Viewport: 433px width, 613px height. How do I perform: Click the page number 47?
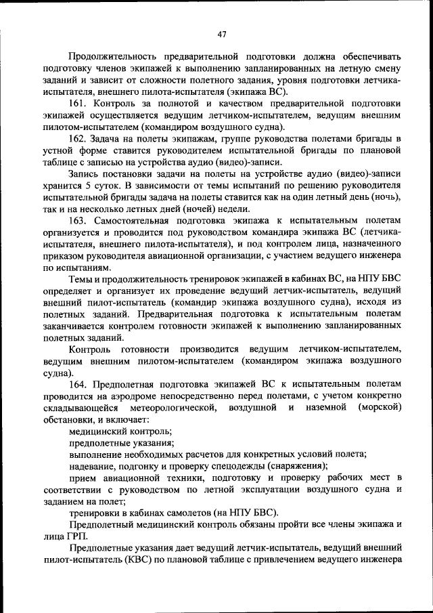(222, 34)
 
